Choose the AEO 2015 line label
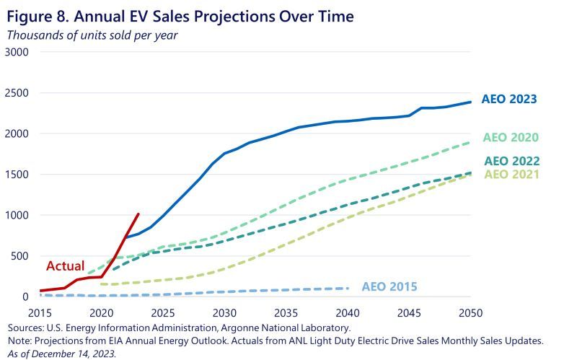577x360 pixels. click(x=389, y=287)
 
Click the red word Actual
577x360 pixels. click(x=66, y=266)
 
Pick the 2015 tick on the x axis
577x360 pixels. click(x=40, y=312)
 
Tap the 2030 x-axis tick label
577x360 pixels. click(x=224, y=312)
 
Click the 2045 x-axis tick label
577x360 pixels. click(x=409, y=312)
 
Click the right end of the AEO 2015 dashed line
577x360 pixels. click(x=348, y=289)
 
